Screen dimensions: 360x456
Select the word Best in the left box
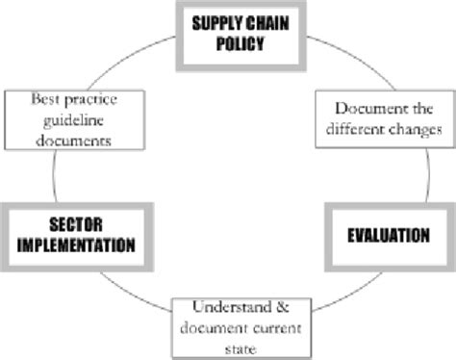point(45,99)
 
